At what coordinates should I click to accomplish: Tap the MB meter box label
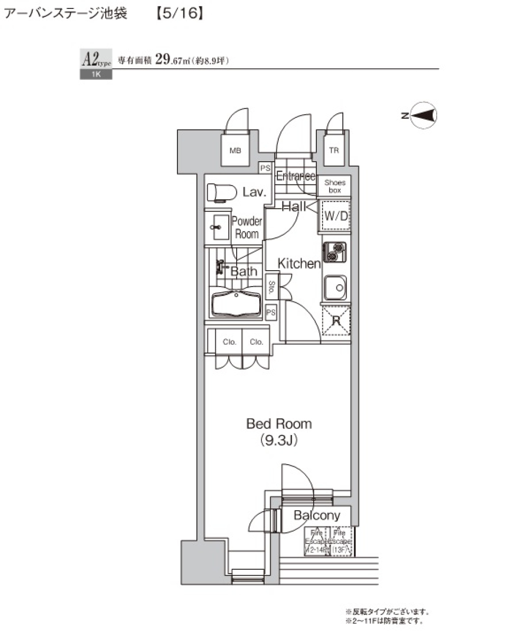[235, 151]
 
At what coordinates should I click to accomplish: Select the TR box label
[334, 151]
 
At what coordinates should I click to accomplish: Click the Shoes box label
[334, 186]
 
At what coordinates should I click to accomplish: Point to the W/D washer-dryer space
[335, 216]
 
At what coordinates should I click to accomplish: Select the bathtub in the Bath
[236, 303]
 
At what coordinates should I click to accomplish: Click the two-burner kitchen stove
[335, 252]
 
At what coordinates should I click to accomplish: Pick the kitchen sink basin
[335, 288]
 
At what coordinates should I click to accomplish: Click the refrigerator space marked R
[336, 320]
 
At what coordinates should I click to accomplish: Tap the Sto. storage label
[271, 287]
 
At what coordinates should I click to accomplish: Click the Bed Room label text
[279, 424]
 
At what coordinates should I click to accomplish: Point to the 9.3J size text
[278, 440]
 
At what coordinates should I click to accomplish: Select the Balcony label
[317, 515]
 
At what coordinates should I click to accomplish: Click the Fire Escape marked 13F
[341, 541]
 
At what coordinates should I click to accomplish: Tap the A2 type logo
[95, 60]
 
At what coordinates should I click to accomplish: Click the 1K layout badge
[96, 75]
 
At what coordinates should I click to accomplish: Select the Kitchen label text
[299, 263]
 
